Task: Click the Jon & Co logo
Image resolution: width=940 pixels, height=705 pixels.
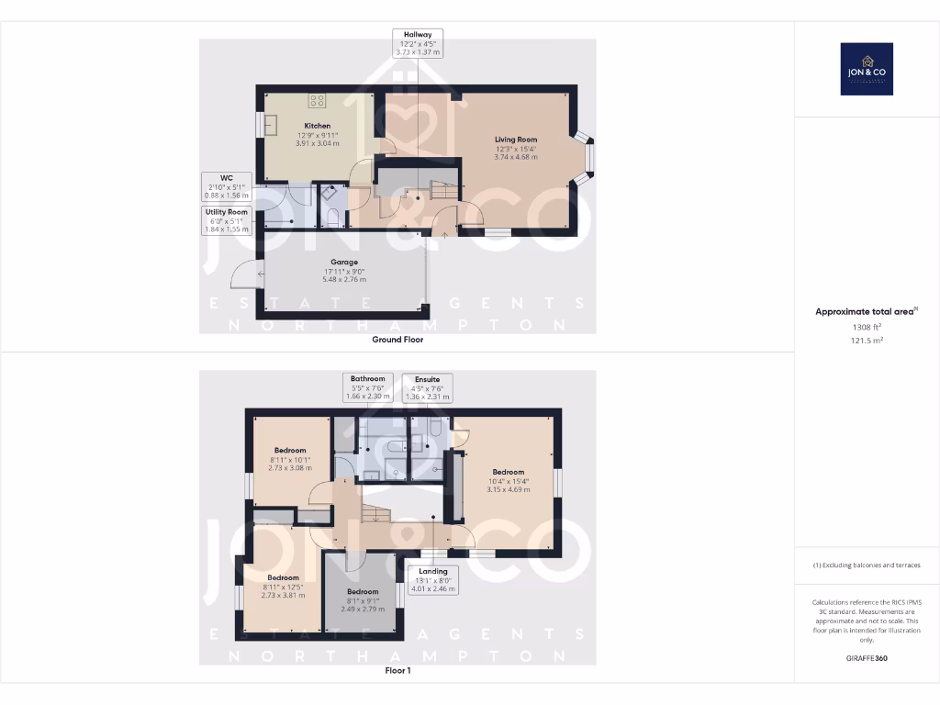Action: [867, 69]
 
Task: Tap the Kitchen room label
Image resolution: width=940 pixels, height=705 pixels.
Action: [318, 134]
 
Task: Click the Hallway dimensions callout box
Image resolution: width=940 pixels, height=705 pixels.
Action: [418, 43]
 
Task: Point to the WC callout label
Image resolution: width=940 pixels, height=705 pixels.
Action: [226, 186]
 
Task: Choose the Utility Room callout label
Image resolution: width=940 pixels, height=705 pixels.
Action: [226, 220]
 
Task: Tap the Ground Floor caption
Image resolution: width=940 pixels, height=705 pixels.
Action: [397, 340]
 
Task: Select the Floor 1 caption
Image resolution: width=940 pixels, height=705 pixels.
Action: [397, 671]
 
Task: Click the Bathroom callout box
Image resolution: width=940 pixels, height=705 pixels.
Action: [367, 387]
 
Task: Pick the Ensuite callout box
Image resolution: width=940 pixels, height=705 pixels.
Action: [427, 387]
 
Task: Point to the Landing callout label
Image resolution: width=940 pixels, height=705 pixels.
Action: [432, 580]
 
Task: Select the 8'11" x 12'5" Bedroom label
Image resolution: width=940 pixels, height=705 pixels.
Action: [284, 586]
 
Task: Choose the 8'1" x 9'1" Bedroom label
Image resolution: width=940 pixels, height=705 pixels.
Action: [363, 599]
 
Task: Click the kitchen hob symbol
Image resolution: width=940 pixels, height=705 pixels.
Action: [318, 101]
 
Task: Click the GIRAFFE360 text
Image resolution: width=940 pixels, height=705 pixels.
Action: [867, 658]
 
